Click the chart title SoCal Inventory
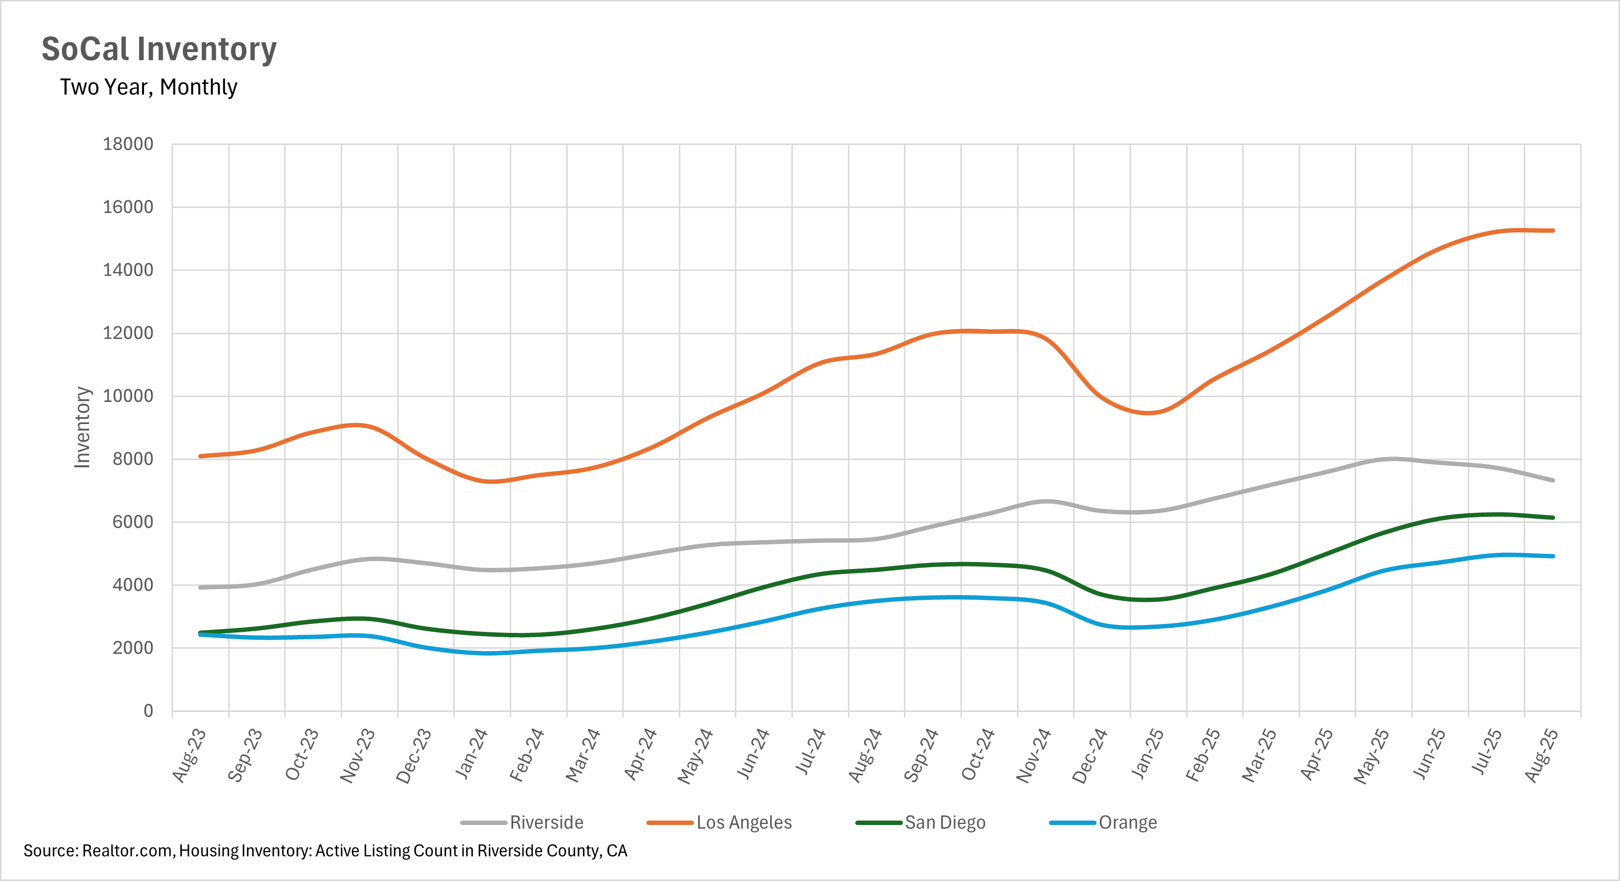click(x=159, y=49)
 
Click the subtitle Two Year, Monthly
click(x=148, y=87)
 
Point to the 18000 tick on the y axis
click(x=128, y=144)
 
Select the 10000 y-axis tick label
click(x=128, y=396)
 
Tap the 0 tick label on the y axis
click(x=148, y=711)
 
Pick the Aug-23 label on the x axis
click(x=189, y=755)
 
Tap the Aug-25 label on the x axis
click(x=1541, y=755)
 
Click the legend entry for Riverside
click(x=546, y=823)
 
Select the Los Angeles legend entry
click(x=743, y=823)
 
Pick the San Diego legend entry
click(x=945, y=823)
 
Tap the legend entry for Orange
click(x=1127, y=823)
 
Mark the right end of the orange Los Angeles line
click(x=1553, y=231)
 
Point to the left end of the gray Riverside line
click(x=200, y=587)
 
